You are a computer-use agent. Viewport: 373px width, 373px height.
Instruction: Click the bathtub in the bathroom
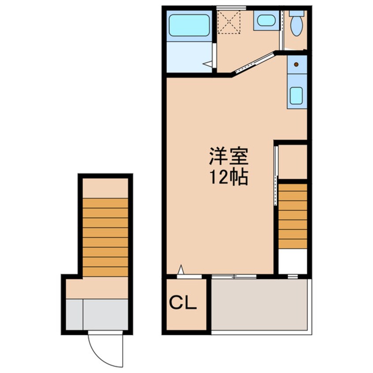(189, 25)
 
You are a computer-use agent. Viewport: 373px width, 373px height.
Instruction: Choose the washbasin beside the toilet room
(266, 20)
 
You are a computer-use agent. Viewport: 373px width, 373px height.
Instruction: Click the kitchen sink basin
(296, 95)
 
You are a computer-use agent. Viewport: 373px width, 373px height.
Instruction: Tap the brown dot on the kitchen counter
(296, 64)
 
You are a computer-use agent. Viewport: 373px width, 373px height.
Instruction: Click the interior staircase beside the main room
(292, 216)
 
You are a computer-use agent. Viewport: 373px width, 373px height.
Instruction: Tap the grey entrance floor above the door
(105, 314)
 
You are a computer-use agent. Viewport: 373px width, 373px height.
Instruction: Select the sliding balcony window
(234, 276)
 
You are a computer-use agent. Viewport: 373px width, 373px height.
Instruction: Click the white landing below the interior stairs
(292, 261)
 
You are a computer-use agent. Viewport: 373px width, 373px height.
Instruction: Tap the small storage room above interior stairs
(292, 161)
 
